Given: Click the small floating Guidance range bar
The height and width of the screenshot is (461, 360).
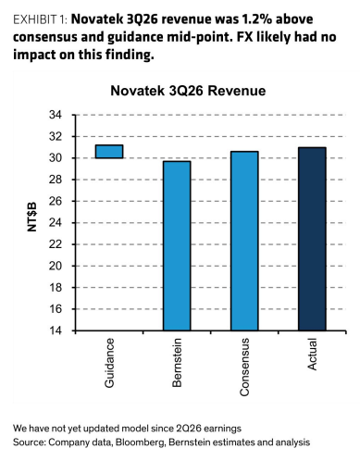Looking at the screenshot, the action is coord(109,152).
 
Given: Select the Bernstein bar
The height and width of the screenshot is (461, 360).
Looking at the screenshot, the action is coord(177,245).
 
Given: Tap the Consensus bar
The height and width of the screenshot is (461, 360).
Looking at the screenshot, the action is coord(244,241).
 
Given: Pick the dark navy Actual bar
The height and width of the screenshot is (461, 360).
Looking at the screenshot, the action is coord(312,239).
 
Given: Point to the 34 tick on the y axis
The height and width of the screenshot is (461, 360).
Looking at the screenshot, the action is coord(56,115).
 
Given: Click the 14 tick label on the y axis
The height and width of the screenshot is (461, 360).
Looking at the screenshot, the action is coord(56,330).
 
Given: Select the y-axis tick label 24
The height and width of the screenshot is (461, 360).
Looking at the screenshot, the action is coord(56,223).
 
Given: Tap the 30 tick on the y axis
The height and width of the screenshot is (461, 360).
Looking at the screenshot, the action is coord(56,158).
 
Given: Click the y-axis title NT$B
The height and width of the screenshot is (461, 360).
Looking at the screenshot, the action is coord(31,217).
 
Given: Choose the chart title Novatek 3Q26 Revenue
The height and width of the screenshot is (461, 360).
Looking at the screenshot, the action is coord(188,91).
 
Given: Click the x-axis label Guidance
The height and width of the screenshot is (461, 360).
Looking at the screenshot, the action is coord(109,363).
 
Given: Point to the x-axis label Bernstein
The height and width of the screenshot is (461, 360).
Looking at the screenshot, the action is coord(177,363).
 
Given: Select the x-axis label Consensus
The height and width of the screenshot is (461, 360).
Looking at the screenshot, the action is coord(244,368).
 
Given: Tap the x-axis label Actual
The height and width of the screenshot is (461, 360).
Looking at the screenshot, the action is coord(312,355).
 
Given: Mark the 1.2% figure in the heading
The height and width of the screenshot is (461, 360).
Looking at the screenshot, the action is coord(257,19).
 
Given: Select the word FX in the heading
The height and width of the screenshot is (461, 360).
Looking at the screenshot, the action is coord(244,37).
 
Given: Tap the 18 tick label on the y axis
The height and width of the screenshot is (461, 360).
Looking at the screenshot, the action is coord(56,287).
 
